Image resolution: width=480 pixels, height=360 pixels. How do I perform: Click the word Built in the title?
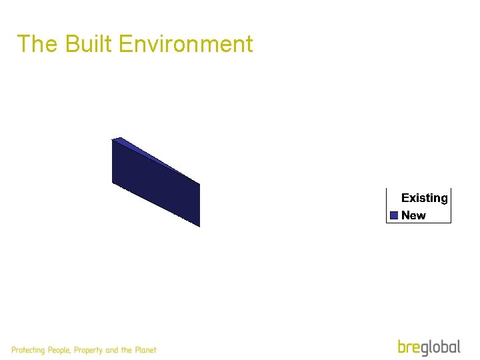[90, 44]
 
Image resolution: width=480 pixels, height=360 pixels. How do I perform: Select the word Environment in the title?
[185, 44]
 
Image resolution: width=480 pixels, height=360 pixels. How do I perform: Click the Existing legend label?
[425, 198]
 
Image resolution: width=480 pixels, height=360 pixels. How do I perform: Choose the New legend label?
[413, 215]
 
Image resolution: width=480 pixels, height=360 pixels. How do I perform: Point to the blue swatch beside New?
[394, 215]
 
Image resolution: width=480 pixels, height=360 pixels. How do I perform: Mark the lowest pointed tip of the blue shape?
[199, 226]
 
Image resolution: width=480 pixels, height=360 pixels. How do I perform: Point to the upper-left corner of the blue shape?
[113, 139]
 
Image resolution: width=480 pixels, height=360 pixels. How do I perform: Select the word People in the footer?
[59, 350]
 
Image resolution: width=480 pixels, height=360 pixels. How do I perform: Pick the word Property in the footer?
[89, 350]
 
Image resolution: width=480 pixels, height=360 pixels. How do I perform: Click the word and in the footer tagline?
[112, 350]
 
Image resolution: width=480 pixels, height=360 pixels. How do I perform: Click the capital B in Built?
[72, 44]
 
